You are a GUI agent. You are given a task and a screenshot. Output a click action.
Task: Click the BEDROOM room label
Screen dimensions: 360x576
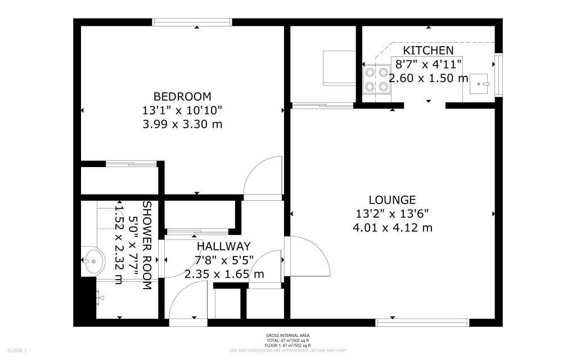[183, 96]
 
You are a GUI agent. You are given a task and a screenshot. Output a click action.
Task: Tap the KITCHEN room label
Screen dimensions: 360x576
[428, 51]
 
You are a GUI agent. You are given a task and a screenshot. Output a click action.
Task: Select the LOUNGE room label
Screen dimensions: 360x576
[392, 200]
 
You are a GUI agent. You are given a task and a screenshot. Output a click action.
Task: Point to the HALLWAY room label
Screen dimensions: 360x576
[223, 246]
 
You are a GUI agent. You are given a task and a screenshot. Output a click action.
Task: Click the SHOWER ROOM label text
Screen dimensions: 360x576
[146, 245]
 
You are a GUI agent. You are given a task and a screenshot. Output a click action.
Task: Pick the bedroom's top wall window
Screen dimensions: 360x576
[192, 22]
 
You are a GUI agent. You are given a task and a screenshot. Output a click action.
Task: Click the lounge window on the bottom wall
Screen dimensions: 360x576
[422, 322]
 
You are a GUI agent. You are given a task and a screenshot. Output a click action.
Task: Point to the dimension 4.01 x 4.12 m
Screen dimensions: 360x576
[392, 228]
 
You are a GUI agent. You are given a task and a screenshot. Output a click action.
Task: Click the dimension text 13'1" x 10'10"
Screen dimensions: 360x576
[183, 110]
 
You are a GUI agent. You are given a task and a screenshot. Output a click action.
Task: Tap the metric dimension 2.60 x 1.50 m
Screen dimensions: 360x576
[428, 78]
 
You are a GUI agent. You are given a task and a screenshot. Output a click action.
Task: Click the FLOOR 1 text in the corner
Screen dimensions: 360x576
[17, 351]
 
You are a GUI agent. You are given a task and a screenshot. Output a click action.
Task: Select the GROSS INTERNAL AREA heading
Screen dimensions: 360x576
[287, 336]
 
